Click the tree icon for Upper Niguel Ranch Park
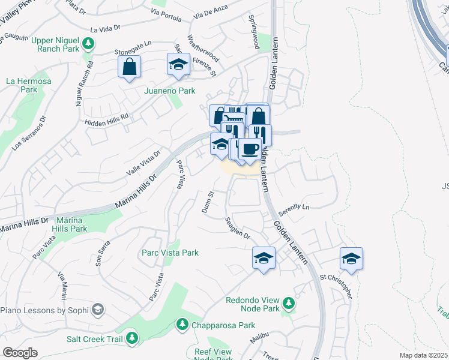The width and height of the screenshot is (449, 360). (x=89, y=43)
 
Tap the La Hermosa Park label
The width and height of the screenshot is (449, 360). (x=22, y=85)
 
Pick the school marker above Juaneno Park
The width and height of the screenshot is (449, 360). (x=178, y=64)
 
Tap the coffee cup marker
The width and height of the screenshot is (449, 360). (x=249, y=148)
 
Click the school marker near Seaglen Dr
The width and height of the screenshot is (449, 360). (x=264, y=258)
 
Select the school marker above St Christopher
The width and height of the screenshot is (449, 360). (x=351, y=258)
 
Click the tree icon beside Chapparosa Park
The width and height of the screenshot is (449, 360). (x=182, y=325)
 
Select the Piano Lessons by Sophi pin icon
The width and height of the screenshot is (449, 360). (x=97, y=310)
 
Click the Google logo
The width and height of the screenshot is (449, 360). (x=20, y=353)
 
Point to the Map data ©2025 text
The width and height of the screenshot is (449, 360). (x=424, y=355)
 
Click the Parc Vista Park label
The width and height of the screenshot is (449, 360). (x=170, y=253)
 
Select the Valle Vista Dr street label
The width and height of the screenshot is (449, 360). (x=143, y=163)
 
